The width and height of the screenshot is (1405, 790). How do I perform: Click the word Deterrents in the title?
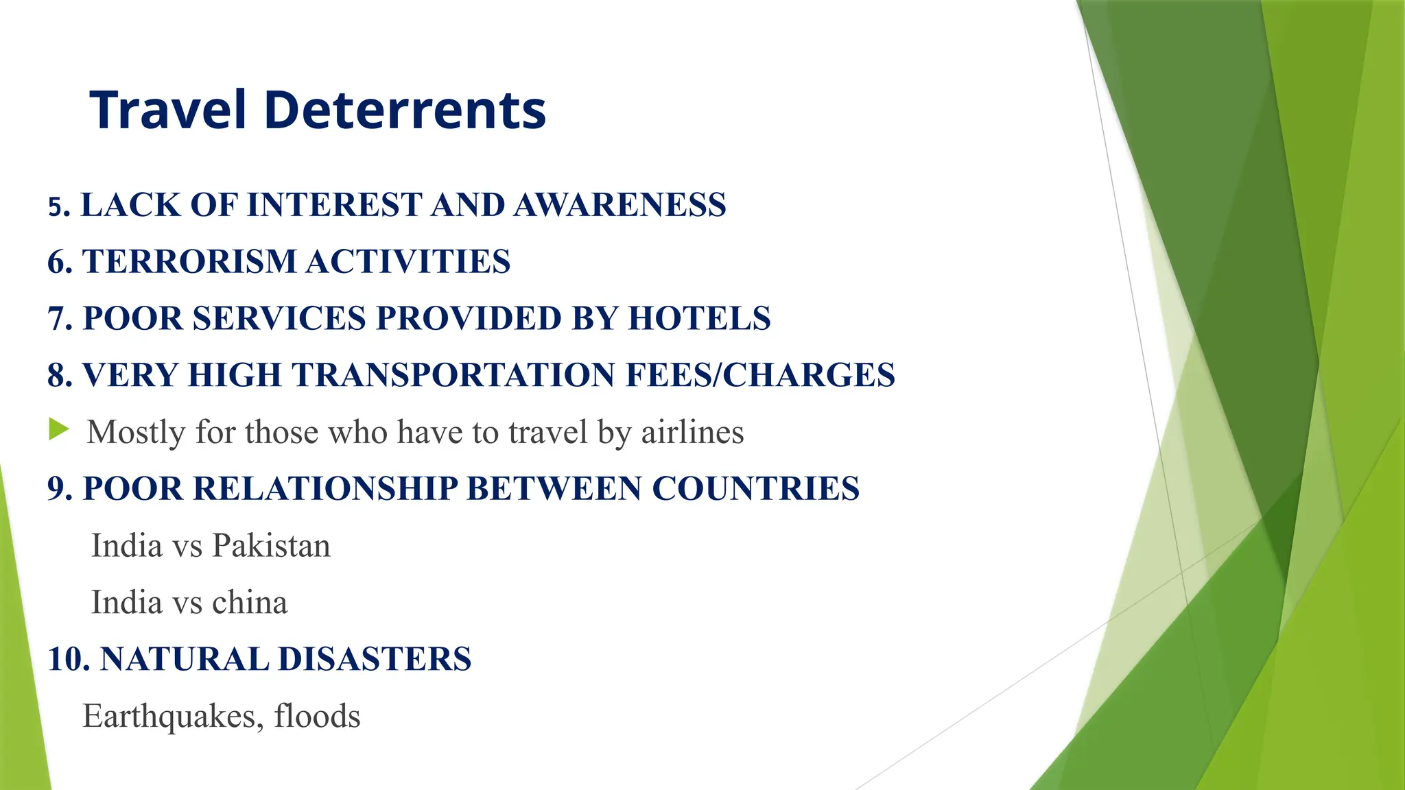click(405, 110)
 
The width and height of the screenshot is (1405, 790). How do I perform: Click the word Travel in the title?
click(167, 110)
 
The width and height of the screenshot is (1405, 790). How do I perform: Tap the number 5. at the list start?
click(59, 206)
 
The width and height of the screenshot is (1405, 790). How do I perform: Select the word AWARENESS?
click(619, 205)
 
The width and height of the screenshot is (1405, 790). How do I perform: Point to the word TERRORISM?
click(189, 262)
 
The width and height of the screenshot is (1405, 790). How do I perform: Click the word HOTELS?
click(699, 319)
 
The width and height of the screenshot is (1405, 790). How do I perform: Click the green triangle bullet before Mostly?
click(59, 431)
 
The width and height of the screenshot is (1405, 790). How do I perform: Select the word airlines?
click(692, 433)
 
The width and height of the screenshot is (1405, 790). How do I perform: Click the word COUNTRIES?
click(755, 489)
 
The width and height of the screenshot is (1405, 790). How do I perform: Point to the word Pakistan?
click(271, 546)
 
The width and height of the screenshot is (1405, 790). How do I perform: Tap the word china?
click(250, 603)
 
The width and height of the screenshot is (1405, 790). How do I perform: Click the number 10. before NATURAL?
click(69, 659)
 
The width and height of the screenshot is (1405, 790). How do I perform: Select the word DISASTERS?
click(375, 659)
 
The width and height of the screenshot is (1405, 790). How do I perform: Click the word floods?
click(317, 717)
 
